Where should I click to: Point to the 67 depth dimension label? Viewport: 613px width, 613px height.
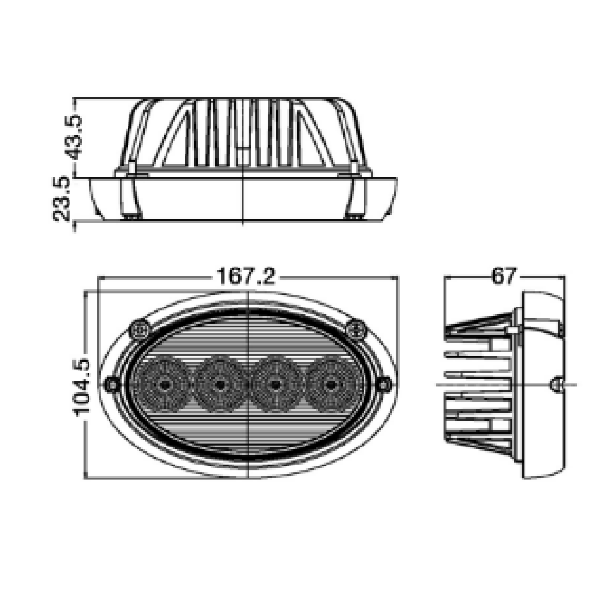coord(503,276)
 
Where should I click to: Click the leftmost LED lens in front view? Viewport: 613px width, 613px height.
coord(164,385)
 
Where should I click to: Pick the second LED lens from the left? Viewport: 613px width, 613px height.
coord(219,385)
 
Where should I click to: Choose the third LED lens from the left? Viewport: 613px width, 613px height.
coord(275,385)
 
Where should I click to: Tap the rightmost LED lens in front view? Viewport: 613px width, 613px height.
coord(331,385)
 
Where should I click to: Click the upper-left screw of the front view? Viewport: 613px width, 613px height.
coord(140,330)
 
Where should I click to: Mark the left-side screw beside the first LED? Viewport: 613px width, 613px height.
coord(112,385)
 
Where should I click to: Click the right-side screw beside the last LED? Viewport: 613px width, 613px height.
coord(384,385)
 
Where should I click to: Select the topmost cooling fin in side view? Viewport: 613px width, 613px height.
coord(478,326)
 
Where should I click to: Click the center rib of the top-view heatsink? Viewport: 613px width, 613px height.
coord(244,132)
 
